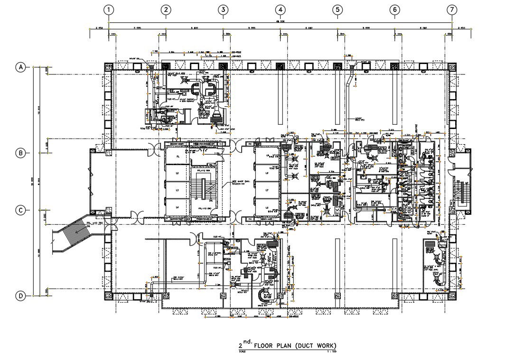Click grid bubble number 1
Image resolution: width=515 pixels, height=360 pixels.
109,10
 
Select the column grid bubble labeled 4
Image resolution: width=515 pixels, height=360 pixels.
281,10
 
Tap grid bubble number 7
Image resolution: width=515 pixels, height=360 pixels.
452,10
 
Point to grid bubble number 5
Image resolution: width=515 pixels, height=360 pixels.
337,10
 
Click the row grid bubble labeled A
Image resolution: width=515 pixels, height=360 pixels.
21,67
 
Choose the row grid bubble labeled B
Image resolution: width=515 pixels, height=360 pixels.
21,153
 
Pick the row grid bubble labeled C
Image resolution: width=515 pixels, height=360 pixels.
21,210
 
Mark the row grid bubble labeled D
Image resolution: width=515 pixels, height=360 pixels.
21,296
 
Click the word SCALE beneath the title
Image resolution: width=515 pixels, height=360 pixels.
242,351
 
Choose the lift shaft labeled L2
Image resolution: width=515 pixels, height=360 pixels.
178,174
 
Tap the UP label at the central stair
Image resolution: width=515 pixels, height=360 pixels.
196,198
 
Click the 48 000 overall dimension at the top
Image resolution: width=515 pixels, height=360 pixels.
280,21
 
